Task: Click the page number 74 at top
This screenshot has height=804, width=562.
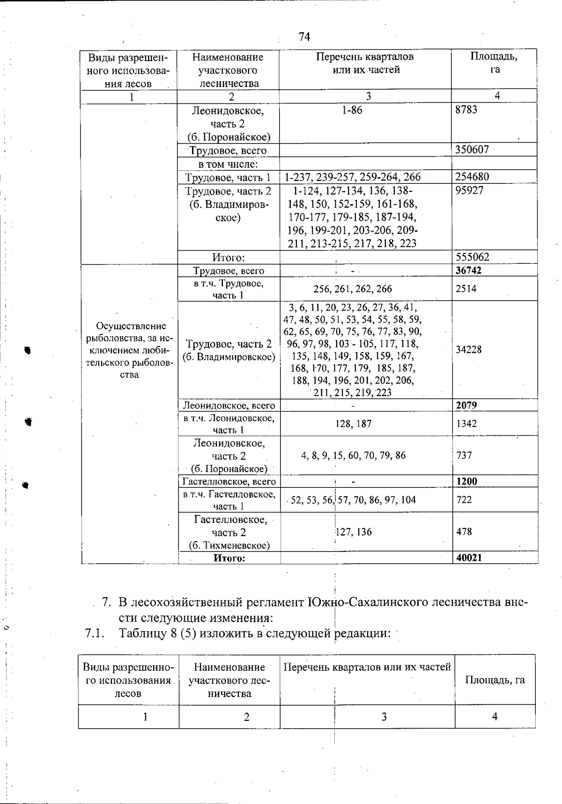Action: pyautogui.click(x=304, y=37)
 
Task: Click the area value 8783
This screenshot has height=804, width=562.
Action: pyautogui.click(x=466, y=110)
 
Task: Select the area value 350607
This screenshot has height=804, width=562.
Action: pyautogui.click(x=472, y=150)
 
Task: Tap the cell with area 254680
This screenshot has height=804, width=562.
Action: pyautogui.click(x=472, y=177)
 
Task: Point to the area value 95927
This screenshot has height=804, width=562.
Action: pyautogui.click(x=469, y=190)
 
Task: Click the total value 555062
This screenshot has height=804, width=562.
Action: pyautogui.click(x=472, y=257)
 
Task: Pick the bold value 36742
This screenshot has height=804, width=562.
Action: pyautogui.click(x=469, y=271)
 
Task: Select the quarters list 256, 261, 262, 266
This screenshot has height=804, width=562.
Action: pyautogui.click(x=353, y=289)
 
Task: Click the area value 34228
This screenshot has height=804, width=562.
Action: pyautogui.click(x=468, y=349)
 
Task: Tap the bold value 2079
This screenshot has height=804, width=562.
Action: pyautogui.click(x=466, y=405)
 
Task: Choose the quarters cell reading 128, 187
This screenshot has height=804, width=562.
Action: pyautogui.click(x=354, y=424)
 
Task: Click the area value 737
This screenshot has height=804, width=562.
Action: pyautogui.click(x=464, y=455)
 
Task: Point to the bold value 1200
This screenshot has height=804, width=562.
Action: pyautogui.click(x=466, y=481)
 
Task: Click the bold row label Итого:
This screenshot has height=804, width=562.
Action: pyautogui.click(x=229, y=558)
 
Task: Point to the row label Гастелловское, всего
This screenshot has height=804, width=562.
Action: pyautogui.click(x=229, y=481)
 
